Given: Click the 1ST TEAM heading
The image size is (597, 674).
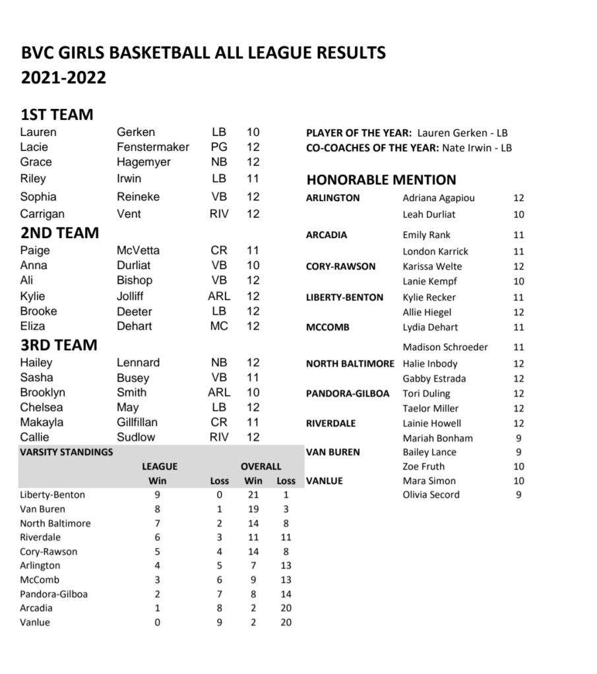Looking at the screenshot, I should [x=56, y=114].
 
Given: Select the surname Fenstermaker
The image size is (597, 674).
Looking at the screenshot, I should [x=152, y=147].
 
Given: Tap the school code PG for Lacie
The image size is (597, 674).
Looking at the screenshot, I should [x=219, y=147].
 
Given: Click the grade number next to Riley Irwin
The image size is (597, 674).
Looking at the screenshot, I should [x=253, y=178].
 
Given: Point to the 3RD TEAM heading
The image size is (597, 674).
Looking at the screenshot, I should [x=59, y=345].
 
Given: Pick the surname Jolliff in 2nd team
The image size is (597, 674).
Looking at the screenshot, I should [x=130, y=296].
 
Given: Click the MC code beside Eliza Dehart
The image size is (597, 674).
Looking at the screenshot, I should [x=219, y=326].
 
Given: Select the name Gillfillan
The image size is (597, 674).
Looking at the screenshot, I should [x=137, y=422].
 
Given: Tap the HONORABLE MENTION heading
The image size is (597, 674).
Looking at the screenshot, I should [x=381, y=179].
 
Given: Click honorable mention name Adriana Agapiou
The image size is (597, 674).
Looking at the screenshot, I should [x=438, y=198].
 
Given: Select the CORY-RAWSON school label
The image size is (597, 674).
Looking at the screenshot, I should [x=340, y=266].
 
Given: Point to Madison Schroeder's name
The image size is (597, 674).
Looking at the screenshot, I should [x=445, y=347].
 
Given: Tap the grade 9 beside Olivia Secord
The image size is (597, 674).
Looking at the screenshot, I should [x=518, y=495].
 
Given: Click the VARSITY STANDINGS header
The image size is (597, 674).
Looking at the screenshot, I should [x=66, y=452].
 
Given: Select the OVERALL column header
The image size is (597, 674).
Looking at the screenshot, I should [x=261, y=466].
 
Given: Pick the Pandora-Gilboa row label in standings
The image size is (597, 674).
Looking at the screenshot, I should [x=53, y=594].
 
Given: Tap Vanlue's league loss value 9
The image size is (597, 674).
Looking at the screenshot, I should [x=219, y=622].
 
